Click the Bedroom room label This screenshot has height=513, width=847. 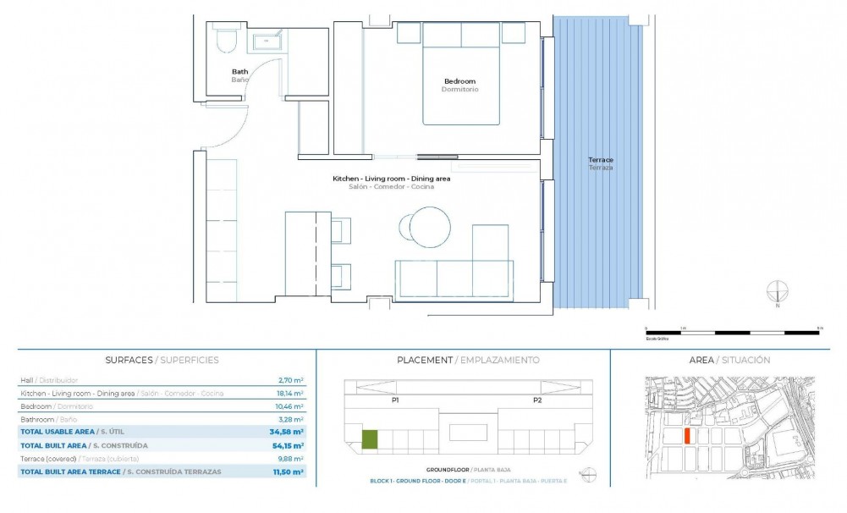coord(459,81)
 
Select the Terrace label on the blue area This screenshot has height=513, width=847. coord(601,160)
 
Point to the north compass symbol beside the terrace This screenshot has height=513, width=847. coord(777,293)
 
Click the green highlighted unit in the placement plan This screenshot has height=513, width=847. coord(370,439)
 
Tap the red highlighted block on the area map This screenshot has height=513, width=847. coord(688,435)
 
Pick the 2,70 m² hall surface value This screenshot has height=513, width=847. coord(291,380)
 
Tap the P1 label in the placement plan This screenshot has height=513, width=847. coord(395,400)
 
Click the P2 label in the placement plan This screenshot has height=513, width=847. coord(536,400)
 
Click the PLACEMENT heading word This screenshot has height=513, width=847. coord(424,360)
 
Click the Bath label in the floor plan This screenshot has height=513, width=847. coord(240,72)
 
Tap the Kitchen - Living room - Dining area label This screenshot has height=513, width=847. coord(391,179)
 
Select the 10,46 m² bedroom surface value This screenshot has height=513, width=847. coord(290,406)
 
